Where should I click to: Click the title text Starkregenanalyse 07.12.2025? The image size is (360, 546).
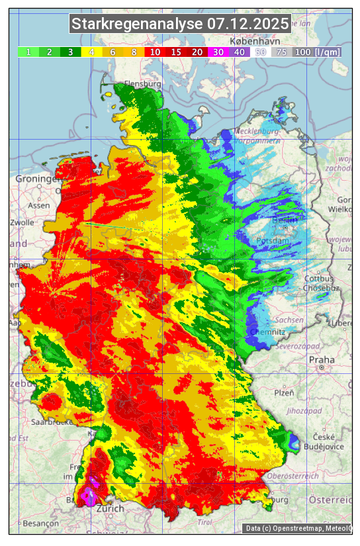(180, 24)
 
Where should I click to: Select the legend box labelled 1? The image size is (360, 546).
(28, 52)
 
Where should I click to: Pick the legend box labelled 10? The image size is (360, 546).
(155, 52)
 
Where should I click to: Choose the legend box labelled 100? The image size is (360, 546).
(302, 52)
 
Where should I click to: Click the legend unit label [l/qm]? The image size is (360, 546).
(328, 52)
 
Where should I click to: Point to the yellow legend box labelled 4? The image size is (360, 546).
(92, 52)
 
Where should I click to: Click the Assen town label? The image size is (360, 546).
(40, 205)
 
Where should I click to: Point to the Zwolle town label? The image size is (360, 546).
(22, 223)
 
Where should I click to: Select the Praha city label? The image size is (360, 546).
(322, 359)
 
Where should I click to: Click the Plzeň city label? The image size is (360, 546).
(284, 392)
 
